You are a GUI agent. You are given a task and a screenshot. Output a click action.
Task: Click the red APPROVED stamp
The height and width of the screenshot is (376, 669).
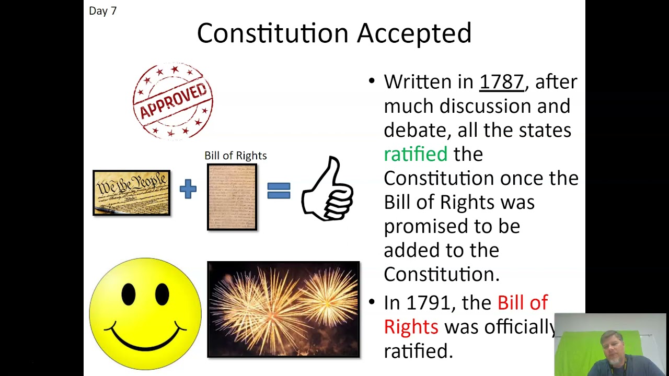pyautogui.click(x=173, y=101)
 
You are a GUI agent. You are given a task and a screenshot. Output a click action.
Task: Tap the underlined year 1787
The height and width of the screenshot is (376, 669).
pyautogui.click(x=501, y=82)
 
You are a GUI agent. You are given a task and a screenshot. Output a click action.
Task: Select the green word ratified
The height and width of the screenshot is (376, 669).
pyautogui.click(x=416, y=154)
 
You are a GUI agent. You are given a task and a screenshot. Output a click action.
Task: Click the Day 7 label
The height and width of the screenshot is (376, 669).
pyautogui.click(x=103, y=11)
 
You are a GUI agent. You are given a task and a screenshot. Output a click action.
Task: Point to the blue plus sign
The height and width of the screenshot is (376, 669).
pyautogui.click(x=188, y=189)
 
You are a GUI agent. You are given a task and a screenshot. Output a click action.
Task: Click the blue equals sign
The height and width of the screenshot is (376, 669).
pyautogui.click(x=279, y=190)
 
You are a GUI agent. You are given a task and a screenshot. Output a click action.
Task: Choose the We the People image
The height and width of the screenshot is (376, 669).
pyautogui.click(x=132, y=193)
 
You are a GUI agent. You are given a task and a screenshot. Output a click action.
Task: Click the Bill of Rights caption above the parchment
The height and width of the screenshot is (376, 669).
pyautogui.click(x=235, y=156)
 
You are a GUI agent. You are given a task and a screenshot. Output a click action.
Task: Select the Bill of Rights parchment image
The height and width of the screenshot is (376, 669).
pyautogui.click(x=232, y=197)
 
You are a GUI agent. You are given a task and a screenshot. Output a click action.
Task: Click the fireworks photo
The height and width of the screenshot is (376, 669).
pyautogui.click(x=283, y=309)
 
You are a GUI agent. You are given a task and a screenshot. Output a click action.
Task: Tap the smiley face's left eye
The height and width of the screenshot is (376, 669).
pyautogui.click(x=129, y=294)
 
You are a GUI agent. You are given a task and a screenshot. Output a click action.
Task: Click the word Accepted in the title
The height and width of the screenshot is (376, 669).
pyautogui.click(x=414, y=33)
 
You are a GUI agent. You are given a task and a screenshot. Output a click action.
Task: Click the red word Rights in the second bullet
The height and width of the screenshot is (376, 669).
pyautogui.click(x=411, y=327)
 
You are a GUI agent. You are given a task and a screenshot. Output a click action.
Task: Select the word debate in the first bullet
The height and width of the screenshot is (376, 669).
pyautogui.click(x=417, y=130)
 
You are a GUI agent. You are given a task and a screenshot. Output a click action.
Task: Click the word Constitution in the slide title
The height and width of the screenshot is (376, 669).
pyautogui.click(x=272, y=33)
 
